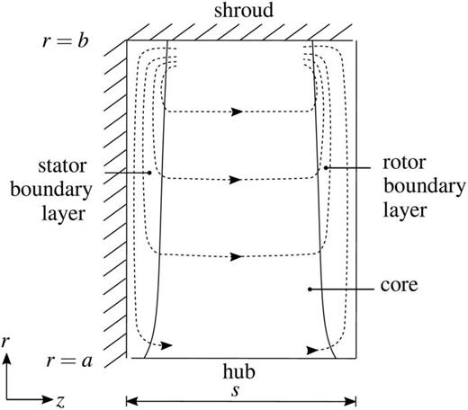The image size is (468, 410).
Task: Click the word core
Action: click(394, 290)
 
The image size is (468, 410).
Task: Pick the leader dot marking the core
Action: click(310, 289)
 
